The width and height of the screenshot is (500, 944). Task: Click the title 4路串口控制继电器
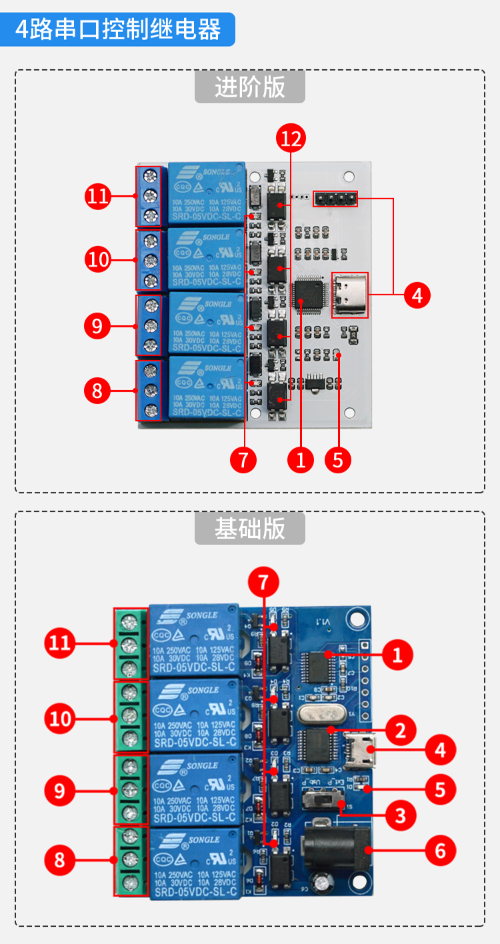118,29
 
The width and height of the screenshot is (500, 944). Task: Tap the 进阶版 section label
249,87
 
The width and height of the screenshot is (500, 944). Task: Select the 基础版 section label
249,529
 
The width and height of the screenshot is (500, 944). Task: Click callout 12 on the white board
291,139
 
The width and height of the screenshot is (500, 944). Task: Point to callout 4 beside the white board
417,294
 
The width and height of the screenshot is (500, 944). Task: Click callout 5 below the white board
338,459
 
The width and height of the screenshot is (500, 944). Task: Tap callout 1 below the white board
301,459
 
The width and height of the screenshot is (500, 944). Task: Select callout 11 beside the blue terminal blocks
99,196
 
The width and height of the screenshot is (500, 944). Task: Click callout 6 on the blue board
440,851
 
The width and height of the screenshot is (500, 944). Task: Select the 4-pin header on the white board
335,198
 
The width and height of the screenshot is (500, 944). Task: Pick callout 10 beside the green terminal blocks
60,719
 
